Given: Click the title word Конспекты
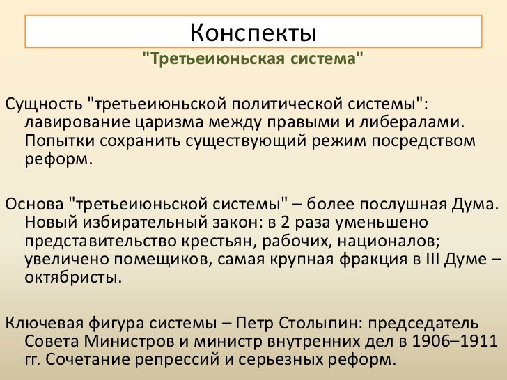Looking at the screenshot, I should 253,31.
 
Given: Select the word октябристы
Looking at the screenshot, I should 72,279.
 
